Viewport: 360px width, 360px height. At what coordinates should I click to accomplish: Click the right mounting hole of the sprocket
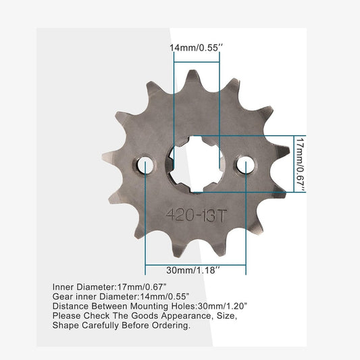[246, 165]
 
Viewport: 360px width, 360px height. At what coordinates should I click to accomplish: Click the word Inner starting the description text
[63, 286]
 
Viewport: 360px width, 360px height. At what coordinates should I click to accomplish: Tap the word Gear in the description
[63, 296]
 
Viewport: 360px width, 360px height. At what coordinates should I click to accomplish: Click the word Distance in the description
[70, 305]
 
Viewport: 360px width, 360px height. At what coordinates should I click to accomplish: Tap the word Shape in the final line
[66, 324]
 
